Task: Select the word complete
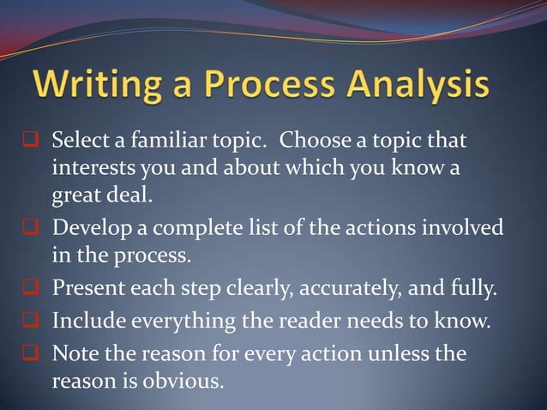pyautogui.click(x=197, y=229)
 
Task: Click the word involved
pyautogui.click(x=460, y=229)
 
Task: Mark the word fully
pyautogui.click(x=474, y=286)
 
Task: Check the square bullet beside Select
pyautogui.click(x=27, y=140)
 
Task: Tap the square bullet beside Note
pyautogui.click(x=27, y=353)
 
